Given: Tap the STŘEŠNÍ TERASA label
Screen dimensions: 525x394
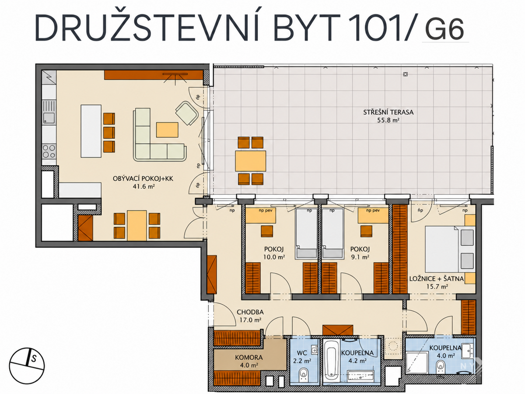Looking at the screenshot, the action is (x=388, y=112).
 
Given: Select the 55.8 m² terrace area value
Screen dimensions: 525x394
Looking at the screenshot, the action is (x=388, y=120).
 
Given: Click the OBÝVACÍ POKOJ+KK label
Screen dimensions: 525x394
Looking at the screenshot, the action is (x=143, y=179).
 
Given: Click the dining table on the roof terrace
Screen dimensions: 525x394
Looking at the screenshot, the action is (x=250, y=161).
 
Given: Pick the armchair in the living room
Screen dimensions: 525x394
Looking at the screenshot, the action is (x=187, y=113).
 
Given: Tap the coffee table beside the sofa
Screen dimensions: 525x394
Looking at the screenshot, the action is (x=167, y=130).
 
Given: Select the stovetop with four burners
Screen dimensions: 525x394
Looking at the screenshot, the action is (x=49, y=151).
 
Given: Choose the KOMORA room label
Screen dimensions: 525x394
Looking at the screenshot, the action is (x=249, y=357).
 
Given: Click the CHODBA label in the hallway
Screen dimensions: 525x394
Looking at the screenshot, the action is (x=250, y=312).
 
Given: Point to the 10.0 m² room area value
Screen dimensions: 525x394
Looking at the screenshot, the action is (x=274, y=257).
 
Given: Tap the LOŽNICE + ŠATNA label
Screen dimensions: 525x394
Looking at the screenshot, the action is (x=437, y=278).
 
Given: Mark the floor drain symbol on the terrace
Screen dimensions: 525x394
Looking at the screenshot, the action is (x=406, y=74).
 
